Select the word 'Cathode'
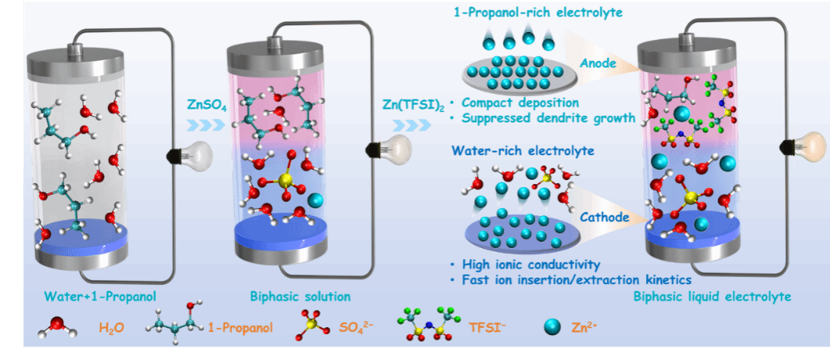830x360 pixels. tap(604, 218)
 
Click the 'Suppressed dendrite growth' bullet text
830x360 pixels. tap(547, 118)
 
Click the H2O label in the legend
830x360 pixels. tap(112, 327)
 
